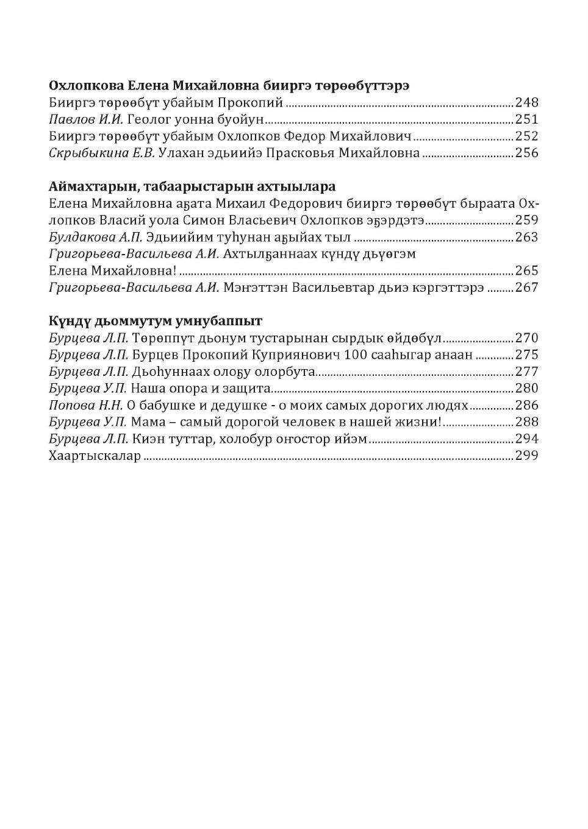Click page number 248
point(527,102)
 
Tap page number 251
point(527,119)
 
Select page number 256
point(527,153)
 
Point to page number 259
point(527,220)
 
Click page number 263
point(527,237)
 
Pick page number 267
point(527,288)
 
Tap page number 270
point(527,338)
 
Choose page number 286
point(527,405)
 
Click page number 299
point(527,456)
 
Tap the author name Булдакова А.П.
point(96,237)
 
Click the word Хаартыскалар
point(95,456)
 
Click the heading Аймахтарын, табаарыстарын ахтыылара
point(192,186)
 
